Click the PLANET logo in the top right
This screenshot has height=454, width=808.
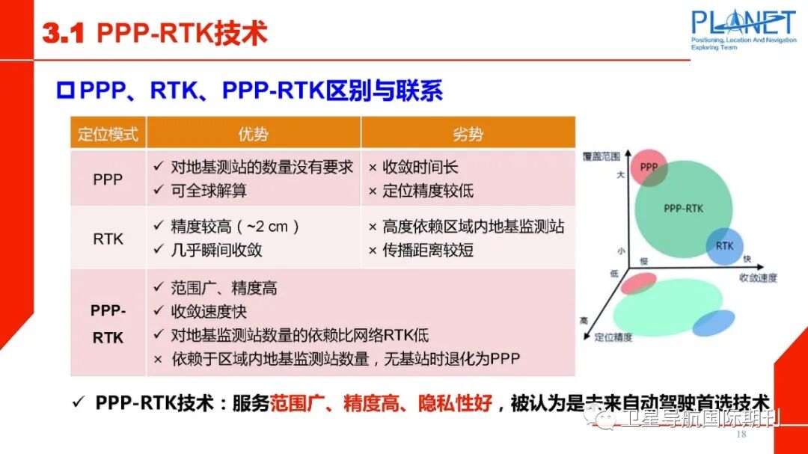pyautogui.click(x=743, y=28)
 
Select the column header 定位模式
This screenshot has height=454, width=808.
pyautogui.click(x=108, y=135)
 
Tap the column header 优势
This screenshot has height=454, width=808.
pyautogui.click(x=253, y=135)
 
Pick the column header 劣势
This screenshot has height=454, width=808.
pyautogui.click(x=468, y=135)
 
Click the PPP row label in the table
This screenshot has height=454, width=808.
pyautogui.click(x=108, y=180)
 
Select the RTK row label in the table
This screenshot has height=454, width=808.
pyautogui.click(x=108, y=239)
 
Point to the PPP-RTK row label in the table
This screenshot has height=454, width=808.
pyautogui.click(x=108, y=324)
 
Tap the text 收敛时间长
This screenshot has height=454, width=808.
pyautogui.click(x=420, y=168)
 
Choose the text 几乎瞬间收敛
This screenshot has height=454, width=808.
pyautogui.click(x=216, y=250)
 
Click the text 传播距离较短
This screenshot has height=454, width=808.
pyautogui.click(x=428, y=250)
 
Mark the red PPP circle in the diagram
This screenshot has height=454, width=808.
pyautogui.click(x=649, y=168)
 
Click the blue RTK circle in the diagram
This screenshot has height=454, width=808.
pyautogui.click(x=724, y=246)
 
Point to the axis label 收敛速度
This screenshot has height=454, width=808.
pyautogui.click(x=758, y=277)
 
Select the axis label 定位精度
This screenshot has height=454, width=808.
pyautogui.click(x=613, y=337)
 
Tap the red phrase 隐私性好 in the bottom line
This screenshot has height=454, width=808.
pyautogui.click(x=460, y=403)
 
